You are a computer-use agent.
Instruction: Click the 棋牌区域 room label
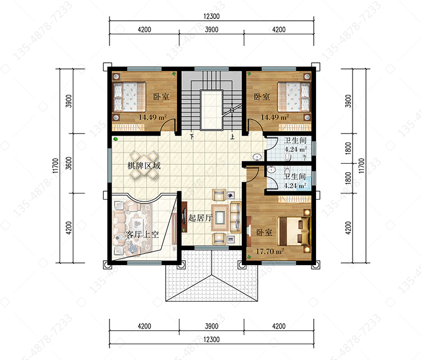[x=144, y=166]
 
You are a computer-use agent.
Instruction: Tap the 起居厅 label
[x=200, y=218]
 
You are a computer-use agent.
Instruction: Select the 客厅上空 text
[x=142, y=234]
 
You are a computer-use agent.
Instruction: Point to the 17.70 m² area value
[x=270, y=251]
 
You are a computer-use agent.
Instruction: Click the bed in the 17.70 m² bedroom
[x=294, y=231]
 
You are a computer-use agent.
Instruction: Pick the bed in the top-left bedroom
[x=130, y=96]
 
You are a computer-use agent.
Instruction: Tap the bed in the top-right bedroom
[x=294, y=96]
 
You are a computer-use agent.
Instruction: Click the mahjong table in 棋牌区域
[x=144, y=165]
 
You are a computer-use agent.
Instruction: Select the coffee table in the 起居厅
[x=220, y=218]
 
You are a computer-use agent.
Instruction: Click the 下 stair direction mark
[x=192, y=137]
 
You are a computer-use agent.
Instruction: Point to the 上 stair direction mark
[x=232, y=137]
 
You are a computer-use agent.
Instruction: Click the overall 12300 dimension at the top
[x=212, y=16]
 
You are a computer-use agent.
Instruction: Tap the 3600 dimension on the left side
[x=68, y=163]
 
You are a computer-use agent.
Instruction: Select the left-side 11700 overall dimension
[x=56, y=165]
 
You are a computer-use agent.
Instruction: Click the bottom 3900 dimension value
[x=212, y=326]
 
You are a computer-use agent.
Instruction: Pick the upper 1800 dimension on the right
[x=348, y=148]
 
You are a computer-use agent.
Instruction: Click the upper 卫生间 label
[x=295, y=140]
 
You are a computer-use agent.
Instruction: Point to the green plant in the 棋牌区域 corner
[x=116, y=139]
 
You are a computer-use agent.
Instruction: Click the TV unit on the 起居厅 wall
[x=184, y=217]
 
